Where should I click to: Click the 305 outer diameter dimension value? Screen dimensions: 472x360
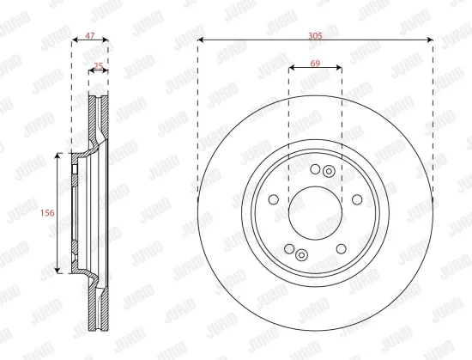pyautogui.click(x=315, y=36)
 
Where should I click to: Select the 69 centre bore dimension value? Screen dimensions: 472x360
pyautogui.click(x=315, y=64)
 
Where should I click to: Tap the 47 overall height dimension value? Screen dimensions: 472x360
pyautogui.click(x=90, y=36)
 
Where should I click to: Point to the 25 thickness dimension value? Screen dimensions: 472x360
pyautogui.click(x=99, y=65)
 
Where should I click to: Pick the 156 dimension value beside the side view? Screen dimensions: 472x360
pyautogui.click(x=47, y=213)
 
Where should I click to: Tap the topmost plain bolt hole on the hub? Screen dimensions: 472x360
pyautogui.click(x=315, y=169)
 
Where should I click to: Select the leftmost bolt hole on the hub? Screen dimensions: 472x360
pyautogui.click(x=274, y=199)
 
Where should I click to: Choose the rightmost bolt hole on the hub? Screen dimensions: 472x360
pyautogui.click(x=357, y=199)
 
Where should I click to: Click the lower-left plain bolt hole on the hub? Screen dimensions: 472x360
pyautogui.click(x=289, y=249)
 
